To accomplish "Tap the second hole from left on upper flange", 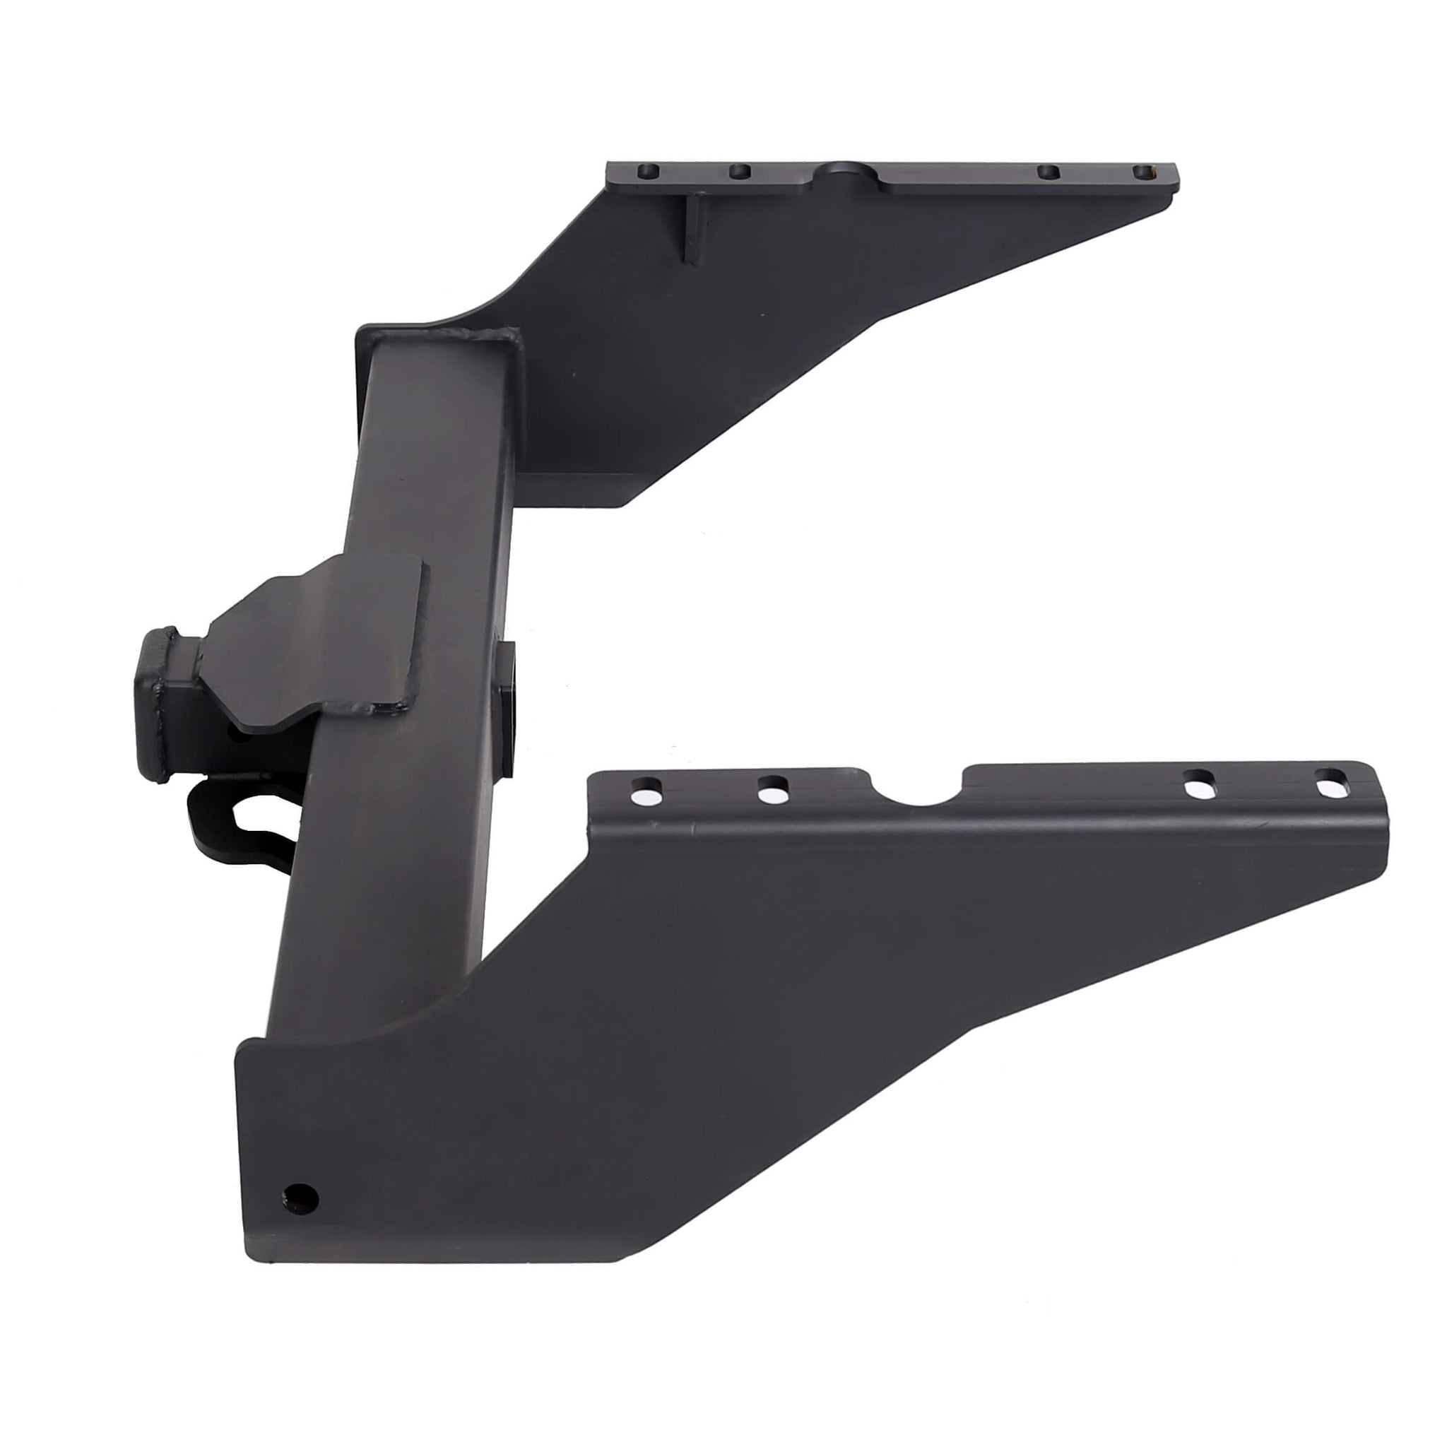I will [x=739, y=173].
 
